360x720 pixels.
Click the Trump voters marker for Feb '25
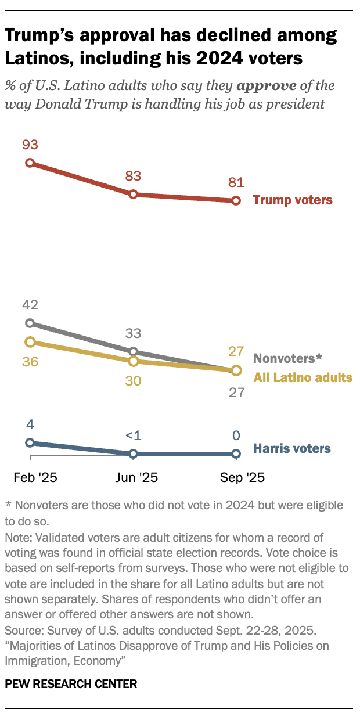30,163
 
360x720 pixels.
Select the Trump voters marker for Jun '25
133,194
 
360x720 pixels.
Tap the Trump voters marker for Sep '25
236,201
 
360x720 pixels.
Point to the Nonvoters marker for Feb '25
30,323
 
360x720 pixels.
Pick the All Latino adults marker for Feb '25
30,342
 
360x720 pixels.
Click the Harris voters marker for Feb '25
30,442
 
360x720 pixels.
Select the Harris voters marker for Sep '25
236,453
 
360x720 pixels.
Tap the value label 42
30,305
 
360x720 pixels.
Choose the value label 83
133,176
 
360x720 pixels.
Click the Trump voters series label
293,200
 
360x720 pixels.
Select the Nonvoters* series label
288,358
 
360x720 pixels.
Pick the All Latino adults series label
303,377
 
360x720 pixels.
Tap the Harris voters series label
292,448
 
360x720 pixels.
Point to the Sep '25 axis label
242,477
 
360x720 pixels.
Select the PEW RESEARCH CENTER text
71,684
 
